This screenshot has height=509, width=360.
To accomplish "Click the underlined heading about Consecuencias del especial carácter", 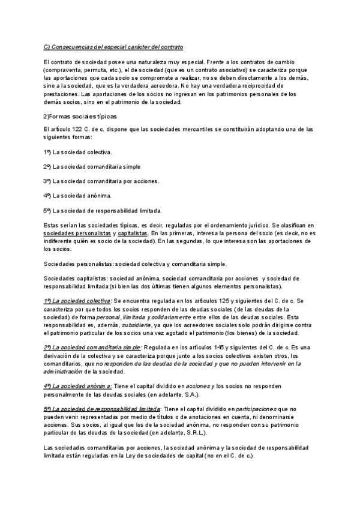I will click(x=113, y=47).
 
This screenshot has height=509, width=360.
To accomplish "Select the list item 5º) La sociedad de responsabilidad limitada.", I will click(x=102, y=210).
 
